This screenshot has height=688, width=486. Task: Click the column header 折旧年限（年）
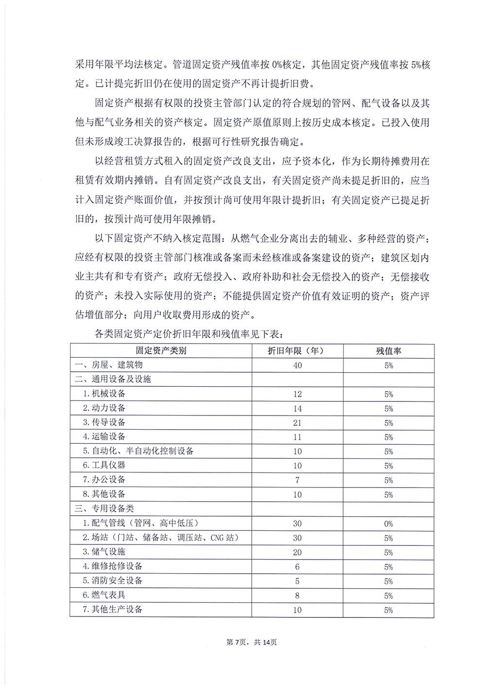coord(297,350)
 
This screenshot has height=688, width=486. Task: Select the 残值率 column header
coord(388,351)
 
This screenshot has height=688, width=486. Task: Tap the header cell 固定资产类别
coord(161,350)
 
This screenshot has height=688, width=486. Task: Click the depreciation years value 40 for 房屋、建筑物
coord(297,365)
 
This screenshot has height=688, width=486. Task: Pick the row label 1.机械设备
coord(104,394)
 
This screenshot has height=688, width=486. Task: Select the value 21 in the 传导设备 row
coord(297,423)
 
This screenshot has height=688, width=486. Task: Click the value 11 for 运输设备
coord(297,437)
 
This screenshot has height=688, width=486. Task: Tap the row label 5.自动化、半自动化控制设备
coord(138,451)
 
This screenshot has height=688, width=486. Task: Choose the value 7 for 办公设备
coord(297,480)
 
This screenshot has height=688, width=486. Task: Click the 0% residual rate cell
coord(388,524)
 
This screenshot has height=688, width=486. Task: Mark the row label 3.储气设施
coord(104,552)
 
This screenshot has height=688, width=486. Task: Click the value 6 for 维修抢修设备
coord(297,567)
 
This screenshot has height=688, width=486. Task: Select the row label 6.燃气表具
coord(104,595)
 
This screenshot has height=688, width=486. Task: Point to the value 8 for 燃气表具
coord(297,596)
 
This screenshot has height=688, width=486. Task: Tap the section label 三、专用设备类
coord(104,508)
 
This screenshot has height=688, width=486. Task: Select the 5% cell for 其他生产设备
coord(388,610)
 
